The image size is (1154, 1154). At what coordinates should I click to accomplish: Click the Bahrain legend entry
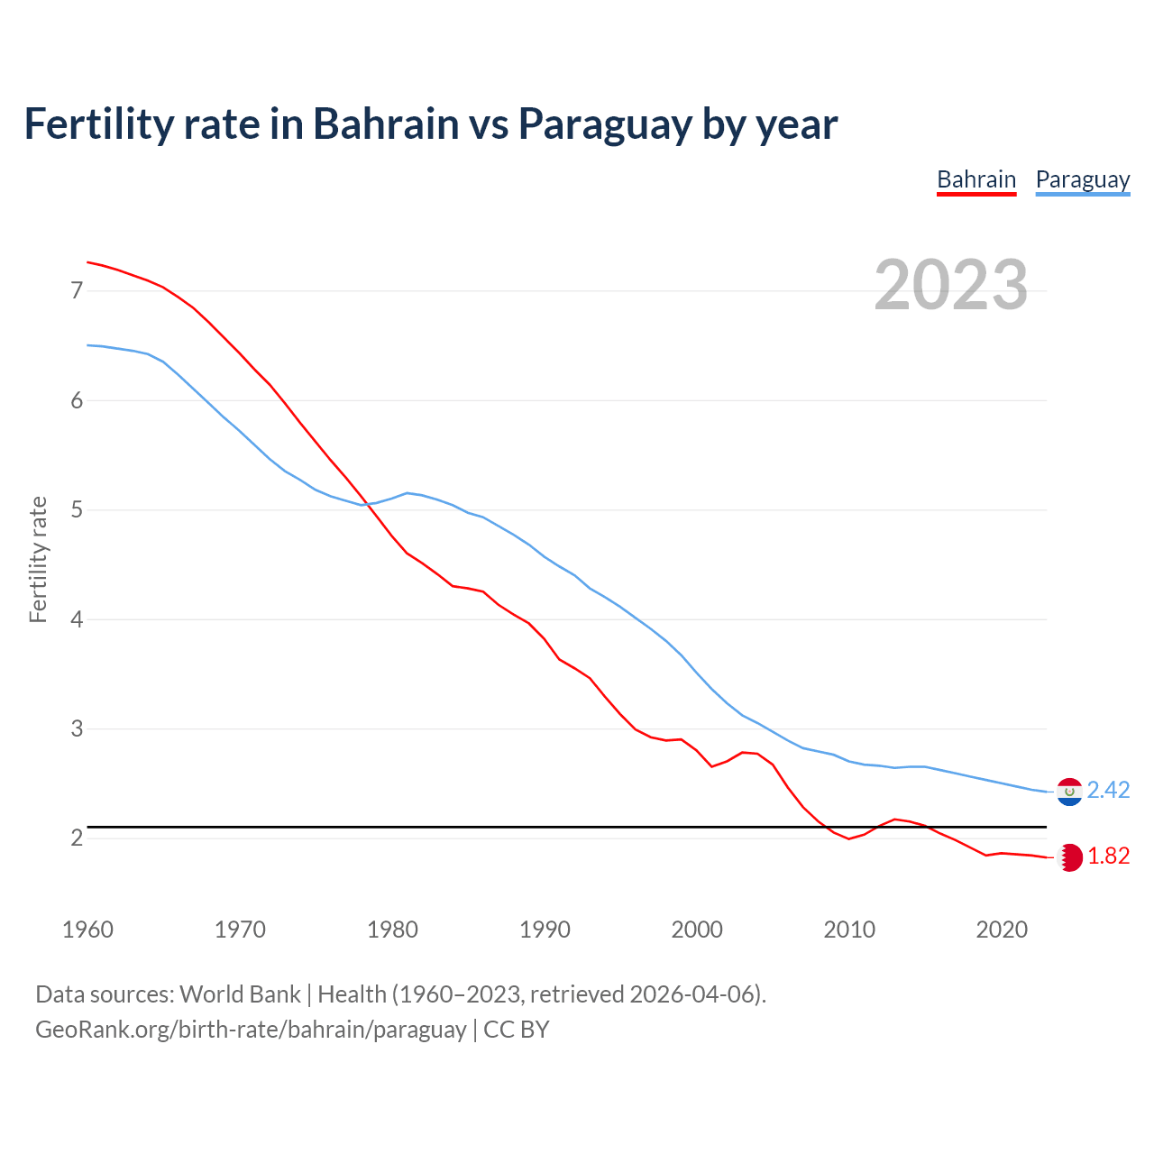pos(976,179)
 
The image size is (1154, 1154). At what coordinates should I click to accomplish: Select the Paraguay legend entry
pos(1082,179)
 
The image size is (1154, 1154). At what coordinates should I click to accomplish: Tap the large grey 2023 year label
pos(951,285)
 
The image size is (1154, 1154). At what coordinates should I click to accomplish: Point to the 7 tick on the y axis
pos(77,290)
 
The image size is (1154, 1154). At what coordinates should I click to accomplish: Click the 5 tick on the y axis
pos(77,510)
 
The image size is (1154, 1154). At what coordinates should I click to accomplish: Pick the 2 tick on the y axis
pos(77,838)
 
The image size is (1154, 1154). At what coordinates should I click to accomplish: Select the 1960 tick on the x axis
pos(87,930)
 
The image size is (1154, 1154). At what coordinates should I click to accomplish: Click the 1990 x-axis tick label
pos(545,930)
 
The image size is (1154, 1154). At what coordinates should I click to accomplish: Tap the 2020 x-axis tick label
pos(1002,930)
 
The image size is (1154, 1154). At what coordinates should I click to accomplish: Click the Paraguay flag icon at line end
pos(1069,792)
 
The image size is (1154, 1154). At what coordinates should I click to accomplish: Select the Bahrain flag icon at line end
pos(1069,857)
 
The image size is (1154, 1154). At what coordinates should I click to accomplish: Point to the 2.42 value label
pos(1108,791)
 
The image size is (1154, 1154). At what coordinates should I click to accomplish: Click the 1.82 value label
pos(1108,856)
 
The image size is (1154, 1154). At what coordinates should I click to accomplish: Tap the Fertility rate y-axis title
pos(38,559)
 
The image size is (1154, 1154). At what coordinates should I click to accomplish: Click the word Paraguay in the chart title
pos(605,124)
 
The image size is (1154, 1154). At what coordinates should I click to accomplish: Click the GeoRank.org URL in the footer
pos(251,1030)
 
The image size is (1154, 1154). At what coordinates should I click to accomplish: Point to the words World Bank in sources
pos(240,994)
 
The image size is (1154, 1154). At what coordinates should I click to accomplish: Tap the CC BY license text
pos(517,1030)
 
